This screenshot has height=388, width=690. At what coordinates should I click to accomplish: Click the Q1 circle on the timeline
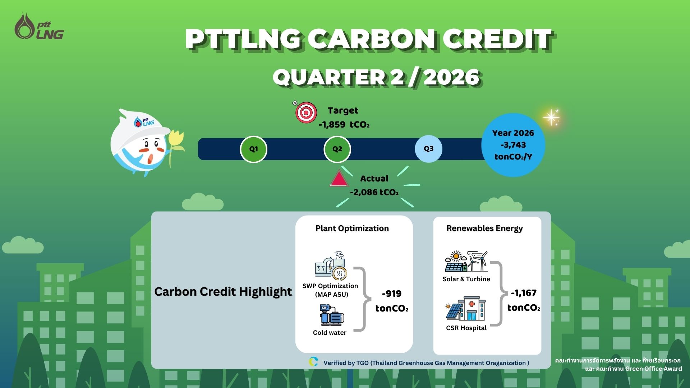point(253,149)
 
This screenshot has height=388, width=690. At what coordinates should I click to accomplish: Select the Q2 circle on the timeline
point(337,149)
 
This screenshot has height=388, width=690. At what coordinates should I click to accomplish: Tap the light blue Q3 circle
point(428,149)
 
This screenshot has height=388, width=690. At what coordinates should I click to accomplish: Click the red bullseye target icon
point(305,112)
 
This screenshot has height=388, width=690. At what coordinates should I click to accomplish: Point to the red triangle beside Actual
point(339,179)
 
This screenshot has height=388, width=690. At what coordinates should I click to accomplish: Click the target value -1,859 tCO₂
point(344,125)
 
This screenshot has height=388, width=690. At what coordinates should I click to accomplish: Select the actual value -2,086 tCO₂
point(374,192)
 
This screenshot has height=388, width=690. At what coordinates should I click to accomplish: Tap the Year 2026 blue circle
point(513,145)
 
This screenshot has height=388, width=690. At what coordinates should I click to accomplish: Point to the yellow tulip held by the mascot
point(176,144)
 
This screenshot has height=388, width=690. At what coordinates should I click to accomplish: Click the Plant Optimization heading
point(352,228)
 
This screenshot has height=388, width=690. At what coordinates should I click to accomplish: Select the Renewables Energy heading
point(484,228)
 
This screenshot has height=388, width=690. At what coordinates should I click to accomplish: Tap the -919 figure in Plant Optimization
point(392,294)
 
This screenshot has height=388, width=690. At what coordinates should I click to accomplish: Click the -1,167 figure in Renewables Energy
point(524,293)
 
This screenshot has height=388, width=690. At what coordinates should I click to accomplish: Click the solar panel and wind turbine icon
point(466,261)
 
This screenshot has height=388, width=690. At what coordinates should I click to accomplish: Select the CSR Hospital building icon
point(466,309)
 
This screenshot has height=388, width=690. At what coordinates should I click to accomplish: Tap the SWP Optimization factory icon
point(331,266)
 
